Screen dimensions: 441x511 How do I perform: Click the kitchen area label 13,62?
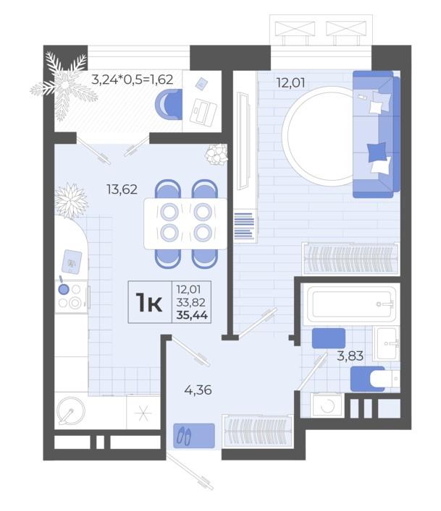click(122, 189)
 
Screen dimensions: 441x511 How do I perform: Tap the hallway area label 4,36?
click(198, 390)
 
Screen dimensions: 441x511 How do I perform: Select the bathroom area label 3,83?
click(350, 356)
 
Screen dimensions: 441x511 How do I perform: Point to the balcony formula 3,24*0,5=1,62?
click(133, 80)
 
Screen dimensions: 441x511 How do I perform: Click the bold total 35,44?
click(192, 315)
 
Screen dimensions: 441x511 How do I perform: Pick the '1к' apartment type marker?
click(149, 302)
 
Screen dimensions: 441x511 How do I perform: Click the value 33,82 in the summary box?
click(191, 302)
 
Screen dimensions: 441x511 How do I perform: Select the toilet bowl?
click(385, 379)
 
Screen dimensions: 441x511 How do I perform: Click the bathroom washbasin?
click(386, 343)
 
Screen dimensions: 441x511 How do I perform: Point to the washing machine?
click(327, 405)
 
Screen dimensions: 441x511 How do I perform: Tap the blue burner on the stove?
click(64, 289)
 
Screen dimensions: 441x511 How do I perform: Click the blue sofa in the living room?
click(377, 134)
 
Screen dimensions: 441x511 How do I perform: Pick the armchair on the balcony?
click(169, 105)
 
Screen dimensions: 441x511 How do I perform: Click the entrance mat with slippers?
click(194, 435)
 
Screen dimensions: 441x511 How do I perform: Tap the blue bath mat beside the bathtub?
click(328, 338)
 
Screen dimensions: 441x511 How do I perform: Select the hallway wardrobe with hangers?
click(257, 431)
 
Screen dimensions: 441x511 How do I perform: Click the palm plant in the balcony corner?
click(64, 85)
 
